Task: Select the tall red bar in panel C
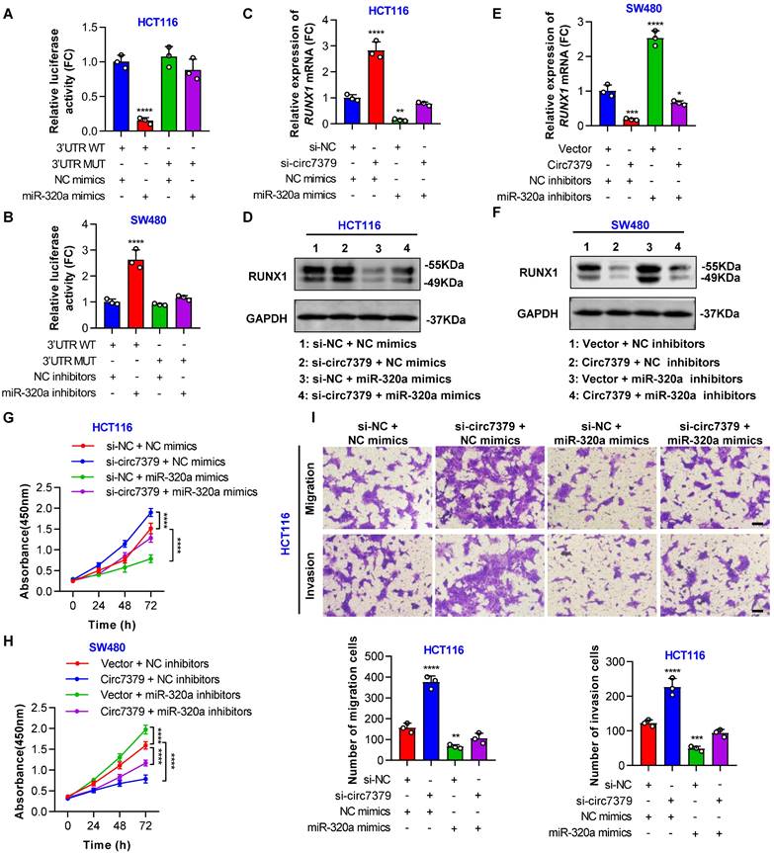tap(376, 97)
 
